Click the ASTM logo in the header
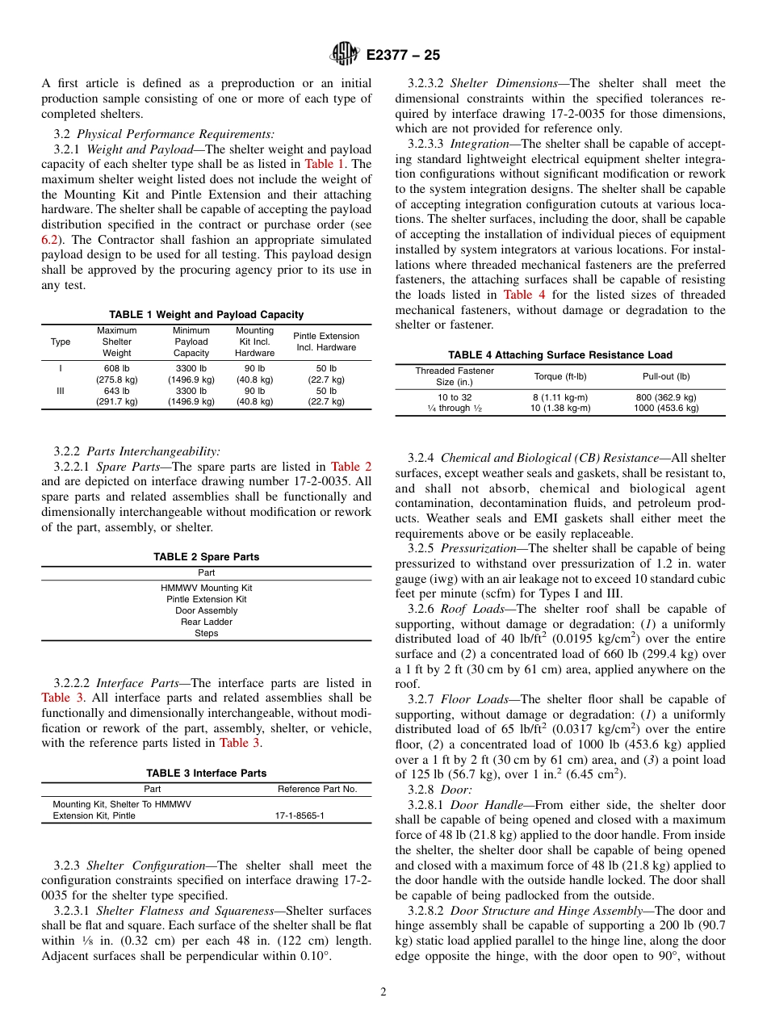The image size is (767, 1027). click(345, 55)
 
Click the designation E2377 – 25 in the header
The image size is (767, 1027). click(403, 56)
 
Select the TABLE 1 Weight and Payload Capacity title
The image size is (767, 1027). click(206, 315)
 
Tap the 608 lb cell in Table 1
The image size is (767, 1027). click(117, 368)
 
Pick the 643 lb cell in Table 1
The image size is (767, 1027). click(117, 391)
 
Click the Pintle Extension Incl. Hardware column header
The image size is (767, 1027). click(326, 342)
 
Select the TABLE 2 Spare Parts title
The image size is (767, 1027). click(206, 557)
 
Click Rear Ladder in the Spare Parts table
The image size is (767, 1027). click(206, 622)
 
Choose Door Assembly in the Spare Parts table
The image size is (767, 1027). click(206, 610)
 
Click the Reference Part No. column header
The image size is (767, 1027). click(316, 789)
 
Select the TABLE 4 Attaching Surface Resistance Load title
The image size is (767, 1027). click(560, 355)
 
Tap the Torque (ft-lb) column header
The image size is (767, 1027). click(560, 376)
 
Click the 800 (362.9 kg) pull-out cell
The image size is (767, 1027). click(666, 397)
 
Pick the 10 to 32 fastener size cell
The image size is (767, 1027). click(455, 397)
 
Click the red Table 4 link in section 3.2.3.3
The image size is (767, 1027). click(524, 296)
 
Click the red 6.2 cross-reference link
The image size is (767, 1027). click(49, 240)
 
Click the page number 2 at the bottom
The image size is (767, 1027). click(383, 992)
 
